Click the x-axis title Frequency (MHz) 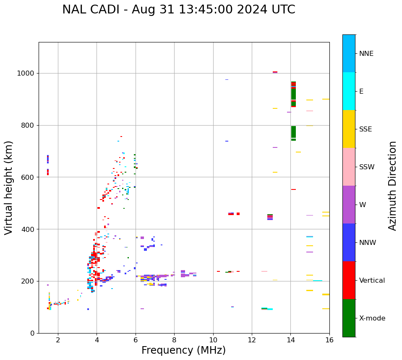(183, 350)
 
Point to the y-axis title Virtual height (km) (9, 188)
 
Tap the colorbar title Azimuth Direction (392, 186)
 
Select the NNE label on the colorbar (366, 54)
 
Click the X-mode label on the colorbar (372, 318)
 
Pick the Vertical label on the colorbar (372, 281)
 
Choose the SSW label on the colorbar (367, 167)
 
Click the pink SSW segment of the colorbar (349, 167)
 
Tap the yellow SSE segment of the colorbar (349, 129)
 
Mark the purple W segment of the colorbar (349, 205)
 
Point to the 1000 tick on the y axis (26, 74)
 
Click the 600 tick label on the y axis (28, 177)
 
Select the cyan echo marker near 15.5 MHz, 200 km (318, 281)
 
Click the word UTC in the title (283, 10)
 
